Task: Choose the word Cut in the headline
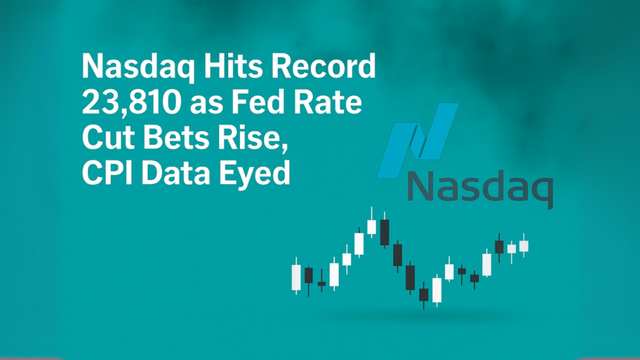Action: pyautogui.click(x=104, y=138)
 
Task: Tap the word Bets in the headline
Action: pyautogui.click(x=169, y=138)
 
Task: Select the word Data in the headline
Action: pyautogui.click(x=174, y=172)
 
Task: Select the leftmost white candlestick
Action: pyautogui.click(x=296, y=276)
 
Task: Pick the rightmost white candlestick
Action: pyautogui.click(x=524, y=246)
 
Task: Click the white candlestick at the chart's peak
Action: pyautogui.click(x=372, y=226)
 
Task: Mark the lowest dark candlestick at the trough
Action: pyautogui.click(x=424, y=294)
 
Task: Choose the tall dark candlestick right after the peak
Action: pyautogui.click(x=384, y=231)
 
